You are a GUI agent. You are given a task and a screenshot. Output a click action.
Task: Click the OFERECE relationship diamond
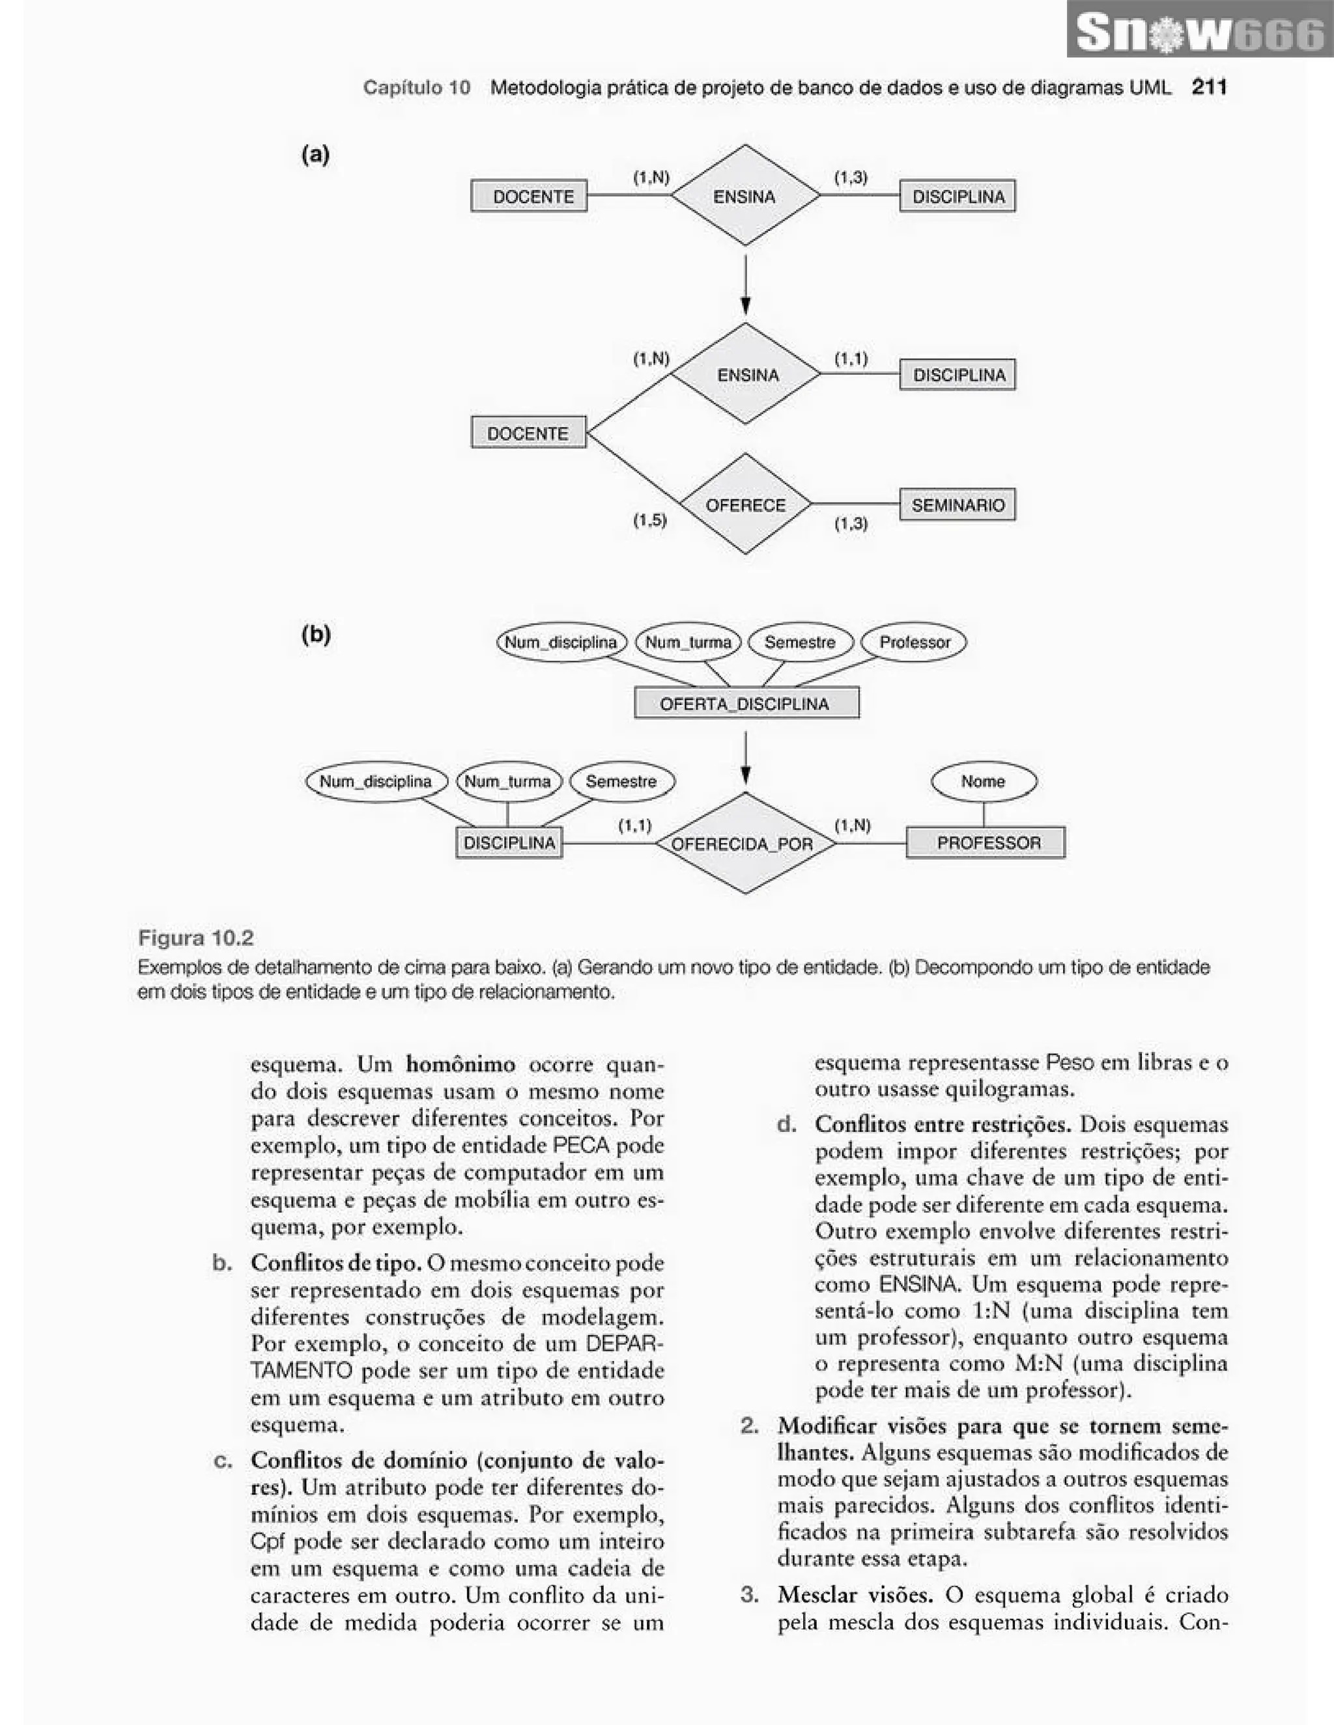pyautogui.click(x=745, y=504)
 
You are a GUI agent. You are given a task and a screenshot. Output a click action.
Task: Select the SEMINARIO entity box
pyautogui.click(x=957, y=504)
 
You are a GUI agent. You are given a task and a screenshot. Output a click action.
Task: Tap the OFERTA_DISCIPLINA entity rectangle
pyautogui.click(x=746, y=703)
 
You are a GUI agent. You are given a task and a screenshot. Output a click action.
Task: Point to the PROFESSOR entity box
pyautogui.click(x=985, y=843)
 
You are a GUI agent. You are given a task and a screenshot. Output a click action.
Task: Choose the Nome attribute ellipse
pyautogui.click(x=983, y=781)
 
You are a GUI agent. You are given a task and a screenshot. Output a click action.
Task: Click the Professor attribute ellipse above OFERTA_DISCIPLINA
pyautogui.click(x=914, y=642)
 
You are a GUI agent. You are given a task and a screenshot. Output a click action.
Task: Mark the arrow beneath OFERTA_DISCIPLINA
pyautogui.click(x=745, y=758)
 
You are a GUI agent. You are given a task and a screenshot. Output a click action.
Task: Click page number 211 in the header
pyautogui.click(x=1209, y=87)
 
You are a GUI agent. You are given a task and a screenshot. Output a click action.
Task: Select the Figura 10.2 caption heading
pyautogui.click(x=196, y=938)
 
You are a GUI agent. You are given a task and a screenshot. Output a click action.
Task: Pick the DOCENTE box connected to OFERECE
pyautogui.click(x=528, y=433)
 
